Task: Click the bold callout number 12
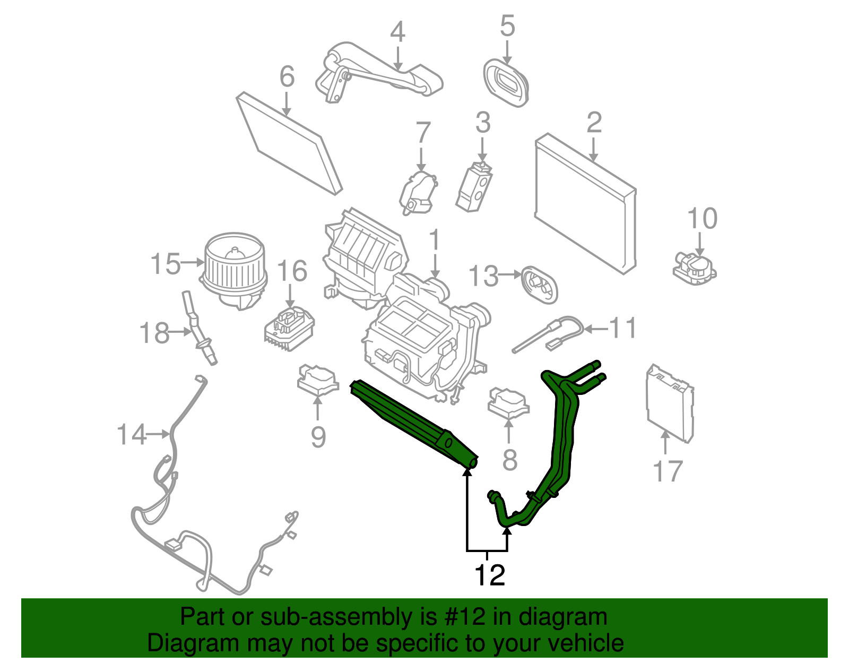[489, 575]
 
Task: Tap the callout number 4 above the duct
[397, 32]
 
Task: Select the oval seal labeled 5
[506, 83]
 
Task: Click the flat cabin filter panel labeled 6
[289, 142]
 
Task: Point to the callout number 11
[622, 328]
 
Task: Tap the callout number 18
[154, 333]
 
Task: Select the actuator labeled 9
[317, 380]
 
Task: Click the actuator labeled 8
[508, 402]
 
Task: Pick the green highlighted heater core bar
[414, 423]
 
